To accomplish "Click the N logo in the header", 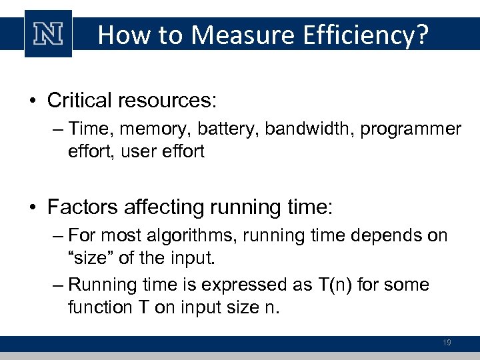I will tap(48, 34).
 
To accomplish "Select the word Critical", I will tap(79, 101).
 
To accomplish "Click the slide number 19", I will tap(447, 343).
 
